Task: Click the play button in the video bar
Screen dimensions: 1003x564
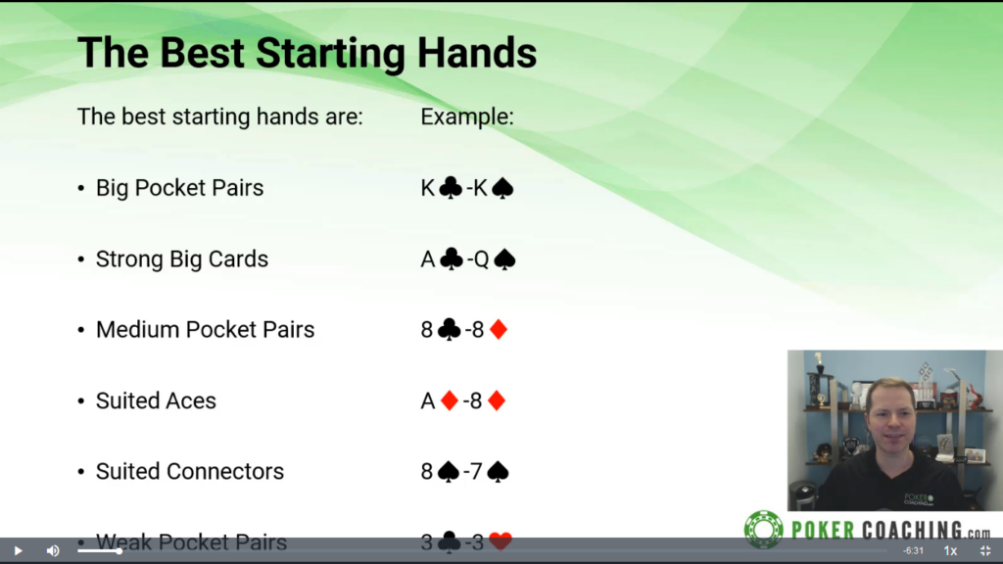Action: [18, 550]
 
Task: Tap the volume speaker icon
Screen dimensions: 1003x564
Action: [53, 550]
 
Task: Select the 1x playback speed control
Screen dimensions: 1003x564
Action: [950, 550]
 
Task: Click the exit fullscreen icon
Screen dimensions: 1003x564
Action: [985, 550]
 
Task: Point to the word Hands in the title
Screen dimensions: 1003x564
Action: [477, 53]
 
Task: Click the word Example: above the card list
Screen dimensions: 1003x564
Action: [467, 117]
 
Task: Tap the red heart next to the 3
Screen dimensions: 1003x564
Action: [501, 540]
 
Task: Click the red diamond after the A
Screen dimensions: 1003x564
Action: [450, 400]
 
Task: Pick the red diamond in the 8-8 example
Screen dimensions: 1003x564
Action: [499, 329]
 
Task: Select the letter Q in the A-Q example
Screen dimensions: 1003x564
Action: [481, 258]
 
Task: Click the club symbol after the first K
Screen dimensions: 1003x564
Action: [451, 187]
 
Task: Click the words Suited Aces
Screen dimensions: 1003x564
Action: [156, 400]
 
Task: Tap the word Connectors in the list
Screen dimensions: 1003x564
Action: [225, 471]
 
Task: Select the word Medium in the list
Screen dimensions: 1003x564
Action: [137, 329]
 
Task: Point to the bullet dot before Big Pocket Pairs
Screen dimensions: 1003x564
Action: [80, 188]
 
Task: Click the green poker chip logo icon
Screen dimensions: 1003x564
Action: [763, 530]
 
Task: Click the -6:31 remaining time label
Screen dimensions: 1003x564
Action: [914, 550]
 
